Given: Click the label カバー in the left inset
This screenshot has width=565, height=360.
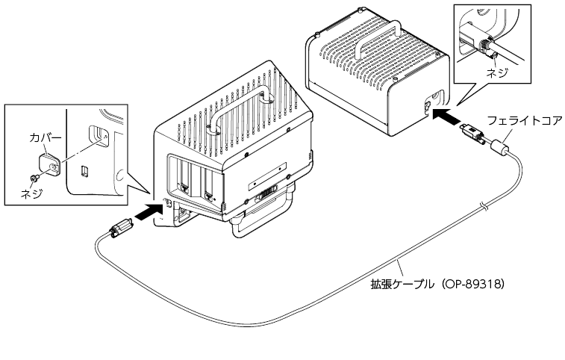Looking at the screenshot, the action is coord(46,137).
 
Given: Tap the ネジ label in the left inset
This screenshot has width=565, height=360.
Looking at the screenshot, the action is coord(31,193).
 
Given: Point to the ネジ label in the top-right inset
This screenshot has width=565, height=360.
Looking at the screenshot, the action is coord(497,73).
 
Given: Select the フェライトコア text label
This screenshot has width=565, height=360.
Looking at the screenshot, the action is coord(524,120).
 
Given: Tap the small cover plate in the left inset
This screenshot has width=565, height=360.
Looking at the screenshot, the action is coord(50,164).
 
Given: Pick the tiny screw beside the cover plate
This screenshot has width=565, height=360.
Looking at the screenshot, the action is coord(34,177).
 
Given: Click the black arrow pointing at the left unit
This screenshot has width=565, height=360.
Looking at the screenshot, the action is coord(149,211).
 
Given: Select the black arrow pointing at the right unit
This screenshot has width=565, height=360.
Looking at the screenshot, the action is coord(446,115).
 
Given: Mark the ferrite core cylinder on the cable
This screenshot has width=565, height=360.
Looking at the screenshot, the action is coord(499,146).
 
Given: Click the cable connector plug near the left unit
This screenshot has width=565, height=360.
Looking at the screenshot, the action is coord(121,229).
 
